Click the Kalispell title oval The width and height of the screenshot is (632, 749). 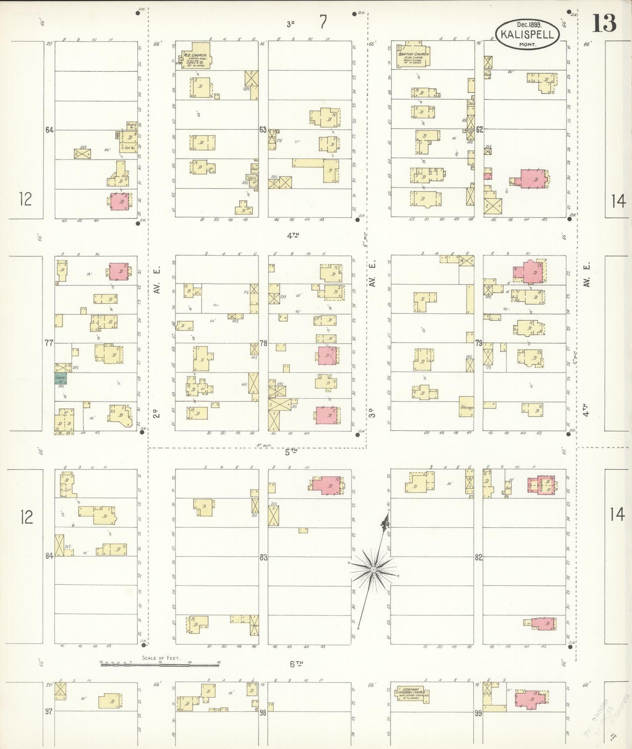point(527,34)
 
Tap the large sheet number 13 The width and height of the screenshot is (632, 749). point(604,23)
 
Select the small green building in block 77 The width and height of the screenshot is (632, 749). point(60,378)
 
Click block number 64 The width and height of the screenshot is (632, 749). point(49,130)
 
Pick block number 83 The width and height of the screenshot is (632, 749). point(263,558)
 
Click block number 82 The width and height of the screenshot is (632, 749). point(478,558)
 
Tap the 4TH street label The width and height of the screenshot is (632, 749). point(293,236)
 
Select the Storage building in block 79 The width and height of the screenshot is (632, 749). point(466,407)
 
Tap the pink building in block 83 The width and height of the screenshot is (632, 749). point(326,485)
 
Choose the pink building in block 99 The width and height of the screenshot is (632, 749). point(530,699)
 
